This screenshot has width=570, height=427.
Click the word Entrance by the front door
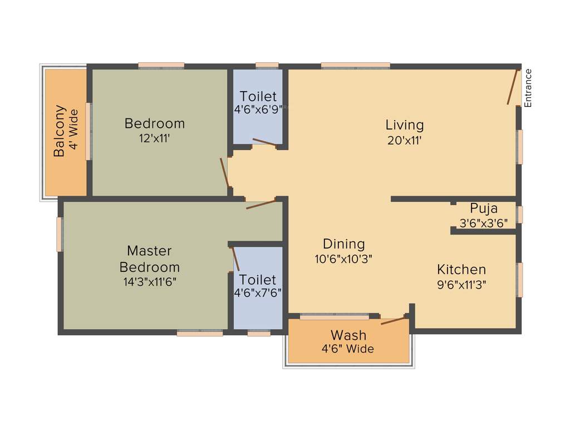(528, 88)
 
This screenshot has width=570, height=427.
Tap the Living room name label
(405, 125)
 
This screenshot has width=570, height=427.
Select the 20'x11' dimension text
(405, 140)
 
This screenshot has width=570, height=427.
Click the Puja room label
(484, 208)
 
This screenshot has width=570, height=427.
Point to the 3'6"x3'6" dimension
(484, 223)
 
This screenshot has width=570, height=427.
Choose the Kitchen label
(461, 270)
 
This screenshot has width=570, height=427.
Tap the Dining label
(344, 244)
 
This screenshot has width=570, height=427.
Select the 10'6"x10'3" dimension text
(344, 259)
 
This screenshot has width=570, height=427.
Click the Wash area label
(348, 335)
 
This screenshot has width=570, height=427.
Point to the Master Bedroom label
(149, 259)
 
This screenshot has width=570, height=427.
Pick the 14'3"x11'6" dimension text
(149, 281)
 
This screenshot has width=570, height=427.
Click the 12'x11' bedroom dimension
(154, 138)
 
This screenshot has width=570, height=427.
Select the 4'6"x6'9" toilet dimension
(258, 110)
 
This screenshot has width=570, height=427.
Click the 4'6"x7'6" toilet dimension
(258, 292)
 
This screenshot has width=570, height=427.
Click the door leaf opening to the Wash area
(393, 321)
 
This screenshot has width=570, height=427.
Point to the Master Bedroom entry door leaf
(261, 204)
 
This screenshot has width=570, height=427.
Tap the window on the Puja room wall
(520, 215)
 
